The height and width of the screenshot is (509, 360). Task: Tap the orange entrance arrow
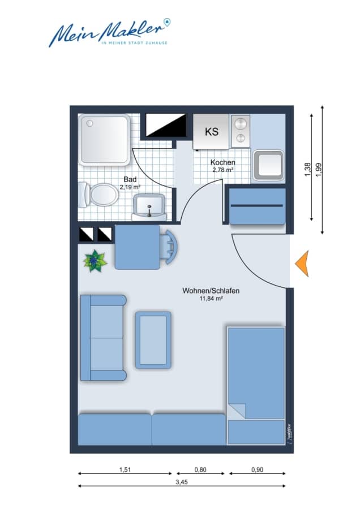302,263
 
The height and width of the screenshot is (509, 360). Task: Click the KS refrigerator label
212,131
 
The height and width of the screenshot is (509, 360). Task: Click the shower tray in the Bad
104,140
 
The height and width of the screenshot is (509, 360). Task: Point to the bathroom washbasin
149,207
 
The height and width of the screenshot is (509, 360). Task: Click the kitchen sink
268,165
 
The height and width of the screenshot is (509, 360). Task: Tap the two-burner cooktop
241,131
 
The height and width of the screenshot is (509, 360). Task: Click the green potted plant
95,261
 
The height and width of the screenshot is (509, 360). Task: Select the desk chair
170,247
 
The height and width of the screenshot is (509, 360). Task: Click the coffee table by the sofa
153,340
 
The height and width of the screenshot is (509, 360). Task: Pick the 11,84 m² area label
211,299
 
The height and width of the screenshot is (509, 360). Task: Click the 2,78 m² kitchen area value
223,170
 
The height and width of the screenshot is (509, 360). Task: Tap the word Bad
130,179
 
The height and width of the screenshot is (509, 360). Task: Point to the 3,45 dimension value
182,482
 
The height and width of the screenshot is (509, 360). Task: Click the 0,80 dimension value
200,469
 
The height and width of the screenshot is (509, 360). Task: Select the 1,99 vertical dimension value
319,170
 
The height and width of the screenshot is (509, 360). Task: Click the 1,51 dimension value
125,469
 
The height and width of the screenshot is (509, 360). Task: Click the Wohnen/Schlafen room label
211,291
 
